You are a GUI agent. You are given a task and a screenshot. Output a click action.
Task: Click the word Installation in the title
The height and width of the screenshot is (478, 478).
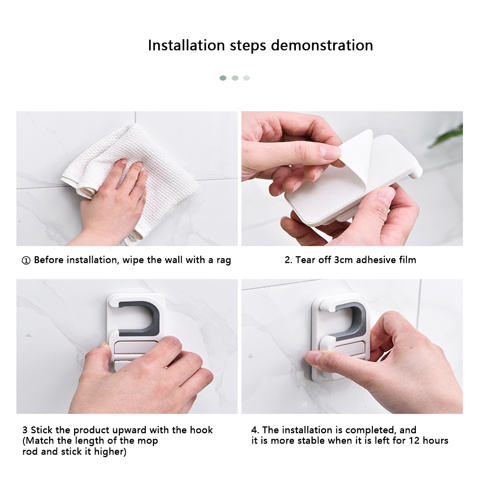[186, 45]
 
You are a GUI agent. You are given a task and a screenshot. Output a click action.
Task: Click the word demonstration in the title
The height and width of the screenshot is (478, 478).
[322, 45]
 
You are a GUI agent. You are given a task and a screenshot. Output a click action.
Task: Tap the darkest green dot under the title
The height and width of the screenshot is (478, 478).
[223, 78]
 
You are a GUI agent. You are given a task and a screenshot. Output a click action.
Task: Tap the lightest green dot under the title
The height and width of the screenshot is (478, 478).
[247, 78]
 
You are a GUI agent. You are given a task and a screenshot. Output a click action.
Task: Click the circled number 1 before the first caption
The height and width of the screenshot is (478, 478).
[26, 261]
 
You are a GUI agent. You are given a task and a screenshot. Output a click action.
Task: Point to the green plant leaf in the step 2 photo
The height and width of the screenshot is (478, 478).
[448, 137]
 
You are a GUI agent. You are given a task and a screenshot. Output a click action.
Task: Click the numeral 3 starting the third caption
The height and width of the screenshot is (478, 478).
[25, 430]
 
